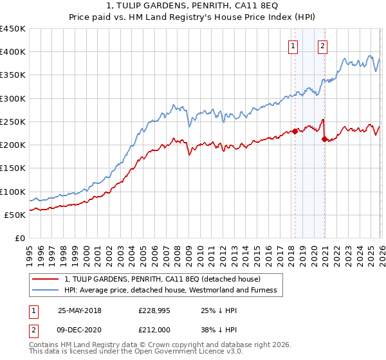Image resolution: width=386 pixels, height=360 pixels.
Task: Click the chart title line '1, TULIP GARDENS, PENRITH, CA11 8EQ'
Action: pos(193,6)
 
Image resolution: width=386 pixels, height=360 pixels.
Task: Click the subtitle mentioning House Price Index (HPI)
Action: pos(193,17)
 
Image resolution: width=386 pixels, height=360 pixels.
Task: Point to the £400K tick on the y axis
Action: pos(13,52)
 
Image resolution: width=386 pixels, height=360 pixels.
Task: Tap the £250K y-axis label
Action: pos(13,122)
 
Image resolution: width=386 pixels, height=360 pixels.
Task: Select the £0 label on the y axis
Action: pos(19,238)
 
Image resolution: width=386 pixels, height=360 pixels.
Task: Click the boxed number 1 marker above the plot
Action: pos(293,45)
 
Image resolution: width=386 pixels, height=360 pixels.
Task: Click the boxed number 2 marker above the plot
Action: pos(322,45)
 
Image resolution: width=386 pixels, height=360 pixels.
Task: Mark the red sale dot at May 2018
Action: pos(295,131)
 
